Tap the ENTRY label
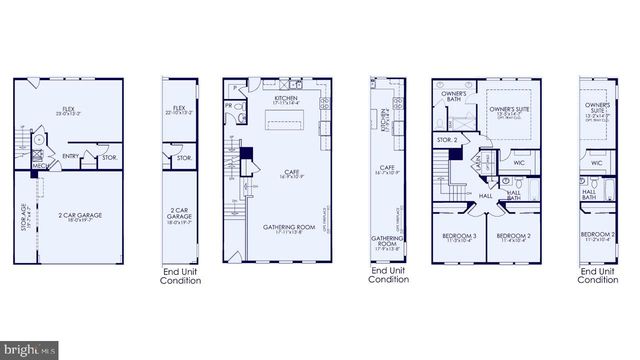pos(71,156)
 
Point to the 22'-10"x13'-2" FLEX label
pos(180,110)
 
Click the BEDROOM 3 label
pos(461,237)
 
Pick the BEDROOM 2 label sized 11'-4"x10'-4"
pos(514,237)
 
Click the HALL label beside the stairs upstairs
pos(485,196)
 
